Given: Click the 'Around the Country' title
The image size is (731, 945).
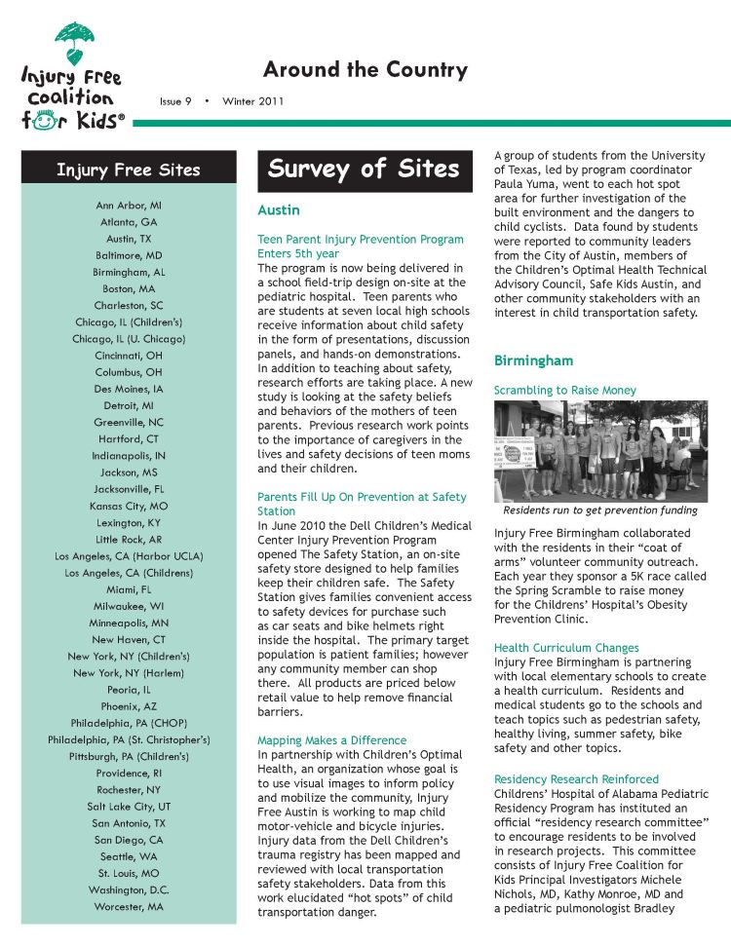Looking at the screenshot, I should point(365,70).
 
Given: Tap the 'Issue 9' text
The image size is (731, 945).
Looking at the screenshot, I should point(175,101).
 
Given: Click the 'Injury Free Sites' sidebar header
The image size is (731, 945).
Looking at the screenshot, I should point(129,170).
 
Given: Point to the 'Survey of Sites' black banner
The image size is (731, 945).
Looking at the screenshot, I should point(364,169).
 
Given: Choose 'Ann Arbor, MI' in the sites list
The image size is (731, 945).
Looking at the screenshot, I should point(129,206).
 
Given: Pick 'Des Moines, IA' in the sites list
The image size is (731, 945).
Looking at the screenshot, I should point(129,388).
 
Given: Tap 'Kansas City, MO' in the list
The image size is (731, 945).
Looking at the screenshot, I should point(129,506).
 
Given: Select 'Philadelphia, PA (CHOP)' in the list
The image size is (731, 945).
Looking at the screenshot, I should point(129,722).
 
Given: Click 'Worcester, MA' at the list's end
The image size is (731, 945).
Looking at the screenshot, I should point(129,906).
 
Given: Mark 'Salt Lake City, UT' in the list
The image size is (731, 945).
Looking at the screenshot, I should point(129,806).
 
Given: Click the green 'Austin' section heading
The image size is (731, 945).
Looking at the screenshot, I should point(278,210).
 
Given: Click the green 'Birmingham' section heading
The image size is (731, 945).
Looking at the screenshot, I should point(533,360).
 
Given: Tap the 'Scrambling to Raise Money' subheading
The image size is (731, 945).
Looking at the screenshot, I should point(564,391).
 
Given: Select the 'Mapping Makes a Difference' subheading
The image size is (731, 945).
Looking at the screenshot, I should point(331,740).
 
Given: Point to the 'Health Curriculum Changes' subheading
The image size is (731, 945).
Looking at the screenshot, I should point(566,648).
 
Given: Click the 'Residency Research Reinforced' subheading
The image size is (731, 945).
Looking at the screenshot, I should point(576,779).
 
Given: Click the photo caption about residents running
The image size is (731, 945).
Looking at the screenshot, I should point(599,510).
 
